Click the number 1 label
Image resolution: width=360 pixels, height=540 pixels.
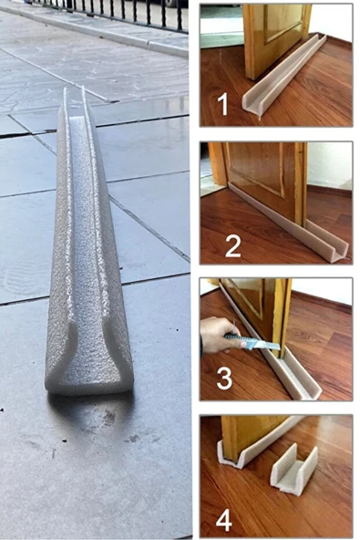[223, 105]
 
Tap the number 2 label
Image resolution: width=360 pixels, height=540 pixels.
[233, 245]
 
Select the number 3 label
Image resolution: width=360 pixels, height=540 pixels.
[224, 378]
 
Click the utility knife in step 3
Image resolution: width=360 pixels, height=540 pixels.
[253, 342]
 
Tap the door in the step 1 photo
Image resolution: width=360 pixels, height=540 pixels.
[275, 39]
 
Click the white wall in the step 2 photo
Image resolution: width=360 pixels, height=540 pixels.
[329, 165]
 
